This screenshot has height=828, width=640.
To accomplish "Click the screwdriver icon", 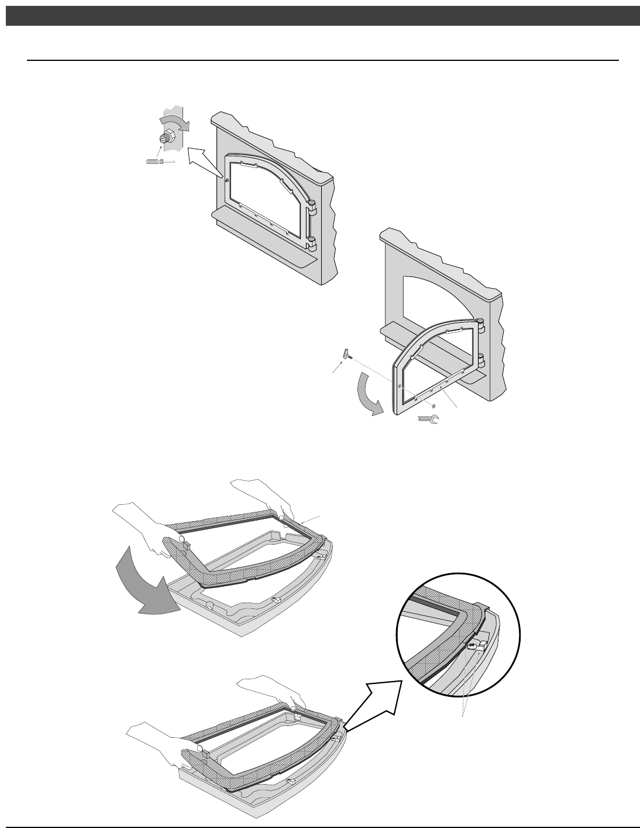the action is [x=159, y=161].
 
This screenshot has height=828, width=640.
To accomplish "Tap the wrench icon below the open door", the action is [x=429, y=419].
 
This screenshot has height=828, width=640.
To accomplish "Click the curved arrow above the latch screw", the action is [x=174, y=123].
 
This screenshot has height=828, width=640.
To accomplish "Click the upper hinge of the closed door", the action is [x=311, y=206].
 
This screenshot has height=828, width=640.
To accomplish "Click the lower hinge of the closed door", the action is [x=311, y=240].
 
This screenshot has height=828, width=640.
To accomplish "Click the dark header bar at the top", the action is [x=320, y=16].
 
